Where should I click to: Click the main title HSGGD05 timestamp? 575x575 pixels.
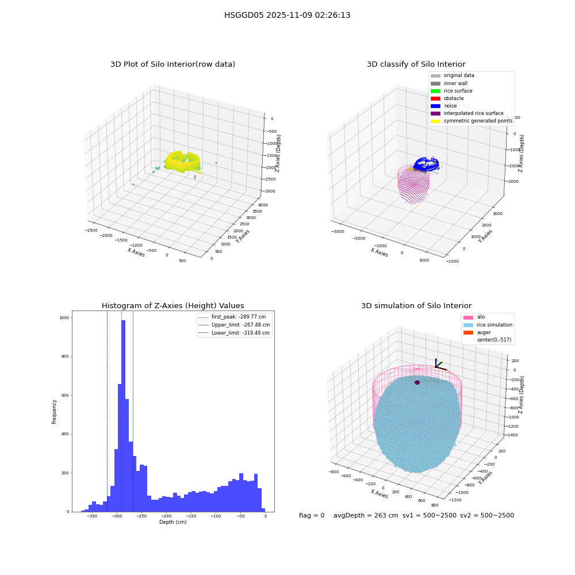287,15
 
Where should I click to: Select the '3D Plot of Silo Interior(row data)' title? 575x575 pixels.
172,64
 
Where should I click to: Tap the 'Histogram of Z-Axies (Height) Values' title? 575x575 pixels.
172,305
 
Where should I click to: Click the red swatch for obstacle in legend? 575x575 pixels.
435,98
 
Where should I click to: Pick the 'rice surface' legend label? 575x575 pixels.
458,91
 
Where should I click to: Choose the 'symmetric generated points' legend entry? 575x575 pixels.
471,121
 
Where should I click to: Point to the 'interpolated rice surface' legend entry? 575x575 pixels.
467,113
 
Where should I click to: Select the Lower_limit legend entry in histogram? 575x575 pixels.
234,333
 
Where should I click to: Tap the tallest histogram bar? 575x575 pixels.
123,416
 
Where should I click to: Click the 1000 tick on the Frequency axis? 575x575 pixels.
64,318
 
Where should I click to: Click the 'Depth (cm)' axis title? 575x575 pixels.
172,522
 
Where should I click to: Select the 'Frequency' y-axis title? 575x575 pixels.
54,412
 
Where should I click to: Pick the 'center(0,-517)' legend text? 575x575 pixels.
494,340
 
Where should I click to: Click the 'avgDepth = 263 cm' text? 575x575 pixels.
366,515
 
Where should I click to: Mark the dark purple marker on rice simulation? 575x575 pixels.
417,382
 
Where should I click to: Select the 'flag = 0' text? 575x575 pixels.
312,515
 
